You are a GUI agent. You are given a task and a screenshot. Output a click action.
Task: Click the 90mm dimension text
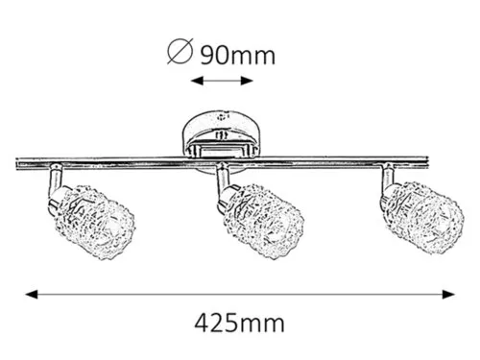click(238, 56)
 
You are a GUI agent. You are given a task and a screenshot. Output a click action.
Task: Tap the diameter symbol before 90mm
click(180, 51)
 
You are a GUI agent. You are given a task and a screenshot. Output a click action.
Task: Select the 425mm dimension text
click(239, 324)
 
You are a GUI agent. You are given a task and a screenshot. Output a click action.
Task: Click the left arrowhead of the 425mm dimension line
click(32, 295)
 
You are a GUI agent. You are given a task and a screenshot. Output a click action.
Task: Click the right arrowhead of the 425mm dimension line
click(448, 295)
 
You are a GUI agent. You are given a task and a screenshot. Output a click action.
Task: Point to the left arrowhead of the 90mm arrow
click(197, 81)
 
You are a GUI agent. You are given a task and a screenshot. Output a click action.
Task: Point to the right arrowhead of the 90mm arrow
click(247, 81)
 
